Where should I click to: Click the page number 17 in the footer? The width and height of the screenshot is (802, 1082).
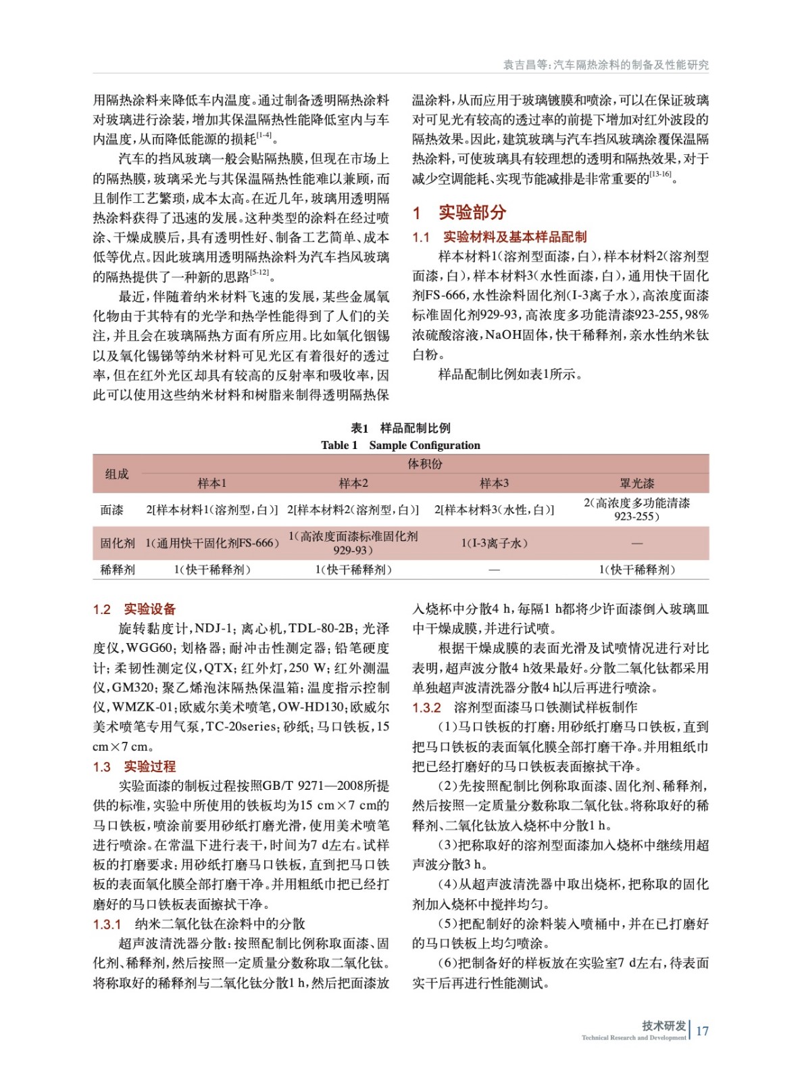702,1031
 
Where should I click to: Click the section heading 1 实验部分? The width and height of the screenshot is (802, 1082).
459,212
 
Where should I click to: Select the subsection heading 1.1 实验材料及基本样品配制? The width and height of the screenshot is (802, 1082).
499,237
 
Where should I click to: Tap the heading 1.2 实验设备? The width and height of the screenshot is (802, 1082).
134,609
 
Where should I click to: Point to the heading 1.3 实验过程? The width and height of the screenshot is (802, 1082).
134,766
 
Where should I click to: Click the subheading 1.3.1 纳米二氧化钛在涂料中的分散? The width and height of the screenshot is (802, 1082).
199,924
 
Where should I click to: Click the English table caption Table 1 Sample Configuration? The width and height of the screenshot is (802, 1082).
401,445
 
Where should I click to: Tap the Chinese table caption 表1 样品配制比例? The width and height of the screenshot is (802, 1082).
401,428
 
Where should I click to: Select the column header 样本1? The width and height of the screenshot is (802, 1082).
211,483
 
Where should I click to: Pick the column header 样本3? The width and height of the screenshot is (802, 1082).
494,483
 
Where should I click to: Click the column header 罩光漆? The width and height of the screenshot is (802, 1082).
636,483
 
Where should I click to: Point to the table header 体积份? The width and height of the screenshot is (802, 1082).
424,464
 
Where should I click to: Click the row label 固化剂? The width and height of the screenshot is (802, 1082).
117,543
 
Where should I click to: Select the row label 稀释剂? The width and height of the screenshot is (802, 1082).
117,569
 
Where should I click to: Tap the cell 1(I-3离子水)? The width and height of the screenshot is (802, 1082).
494,543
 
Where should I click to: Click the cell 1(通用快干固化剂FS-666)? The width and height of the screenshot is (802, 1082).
212,543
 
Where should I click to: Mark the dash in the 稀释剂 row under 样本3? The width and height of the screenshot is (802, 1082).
494,570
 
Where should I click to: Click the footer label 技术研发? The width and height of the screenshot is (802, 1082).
663,1025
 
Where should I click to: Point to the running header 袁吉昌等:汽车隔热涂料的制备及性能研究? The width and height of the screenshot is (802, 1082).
605,65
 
